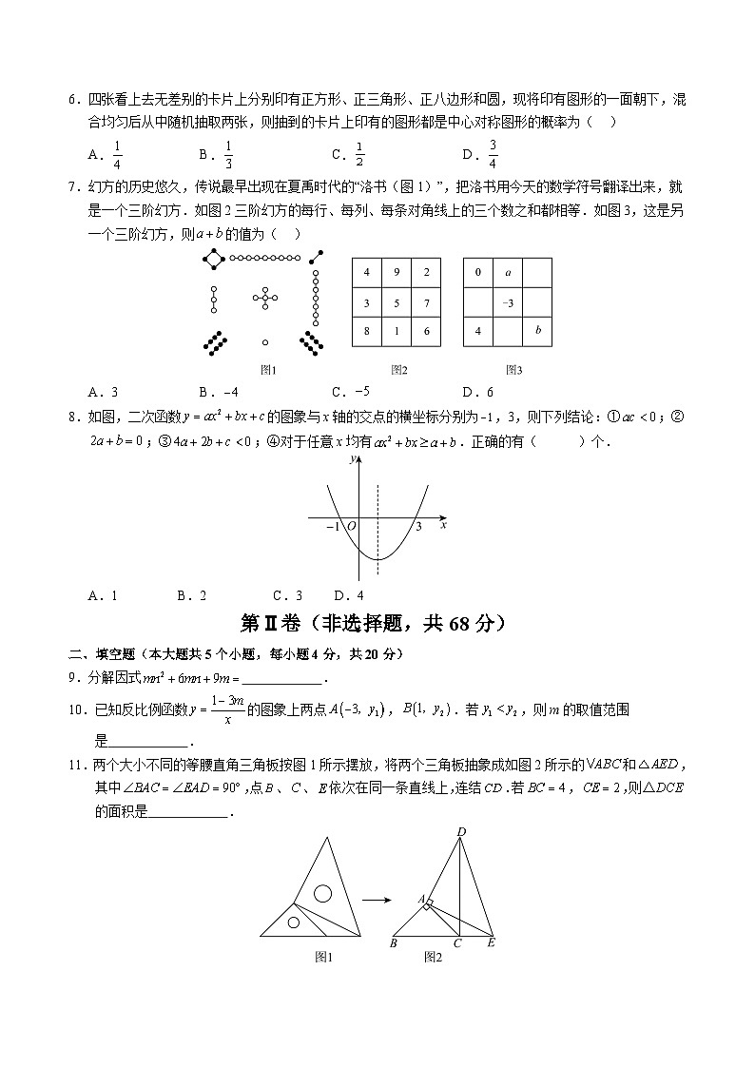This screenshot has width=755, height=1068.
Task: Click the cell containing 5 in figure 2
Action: coord(397,302)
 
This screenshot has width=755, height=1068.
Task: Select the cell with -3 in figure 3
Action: coord(509,302)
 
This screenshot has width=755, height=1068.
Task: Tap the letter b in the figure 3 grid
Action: coord(538,331)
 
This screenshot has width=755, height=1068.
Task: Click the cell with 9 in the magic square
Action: coord(397,273)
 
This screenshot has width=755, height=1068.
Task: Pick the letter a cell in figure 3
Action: coord(509,273)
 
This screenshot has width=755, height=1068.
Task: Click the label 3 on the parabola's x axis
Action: coord(417,528)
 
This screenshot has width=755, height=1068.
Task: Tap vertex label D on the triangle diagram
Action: coord(461,833)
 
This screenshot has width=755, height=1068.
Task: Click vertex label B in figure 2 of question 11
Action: coord(393,943)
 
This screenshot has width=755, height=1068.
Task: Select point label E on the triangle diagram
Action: coord(491,943)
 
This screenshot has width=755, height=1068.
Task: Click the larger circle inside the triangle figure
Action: coord(323,893)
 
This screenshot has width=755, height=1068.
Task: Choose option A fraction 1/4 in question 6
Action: coord(118,152)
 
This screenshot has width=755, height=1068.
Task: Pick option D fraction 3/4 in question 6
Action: coord(494,152)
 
